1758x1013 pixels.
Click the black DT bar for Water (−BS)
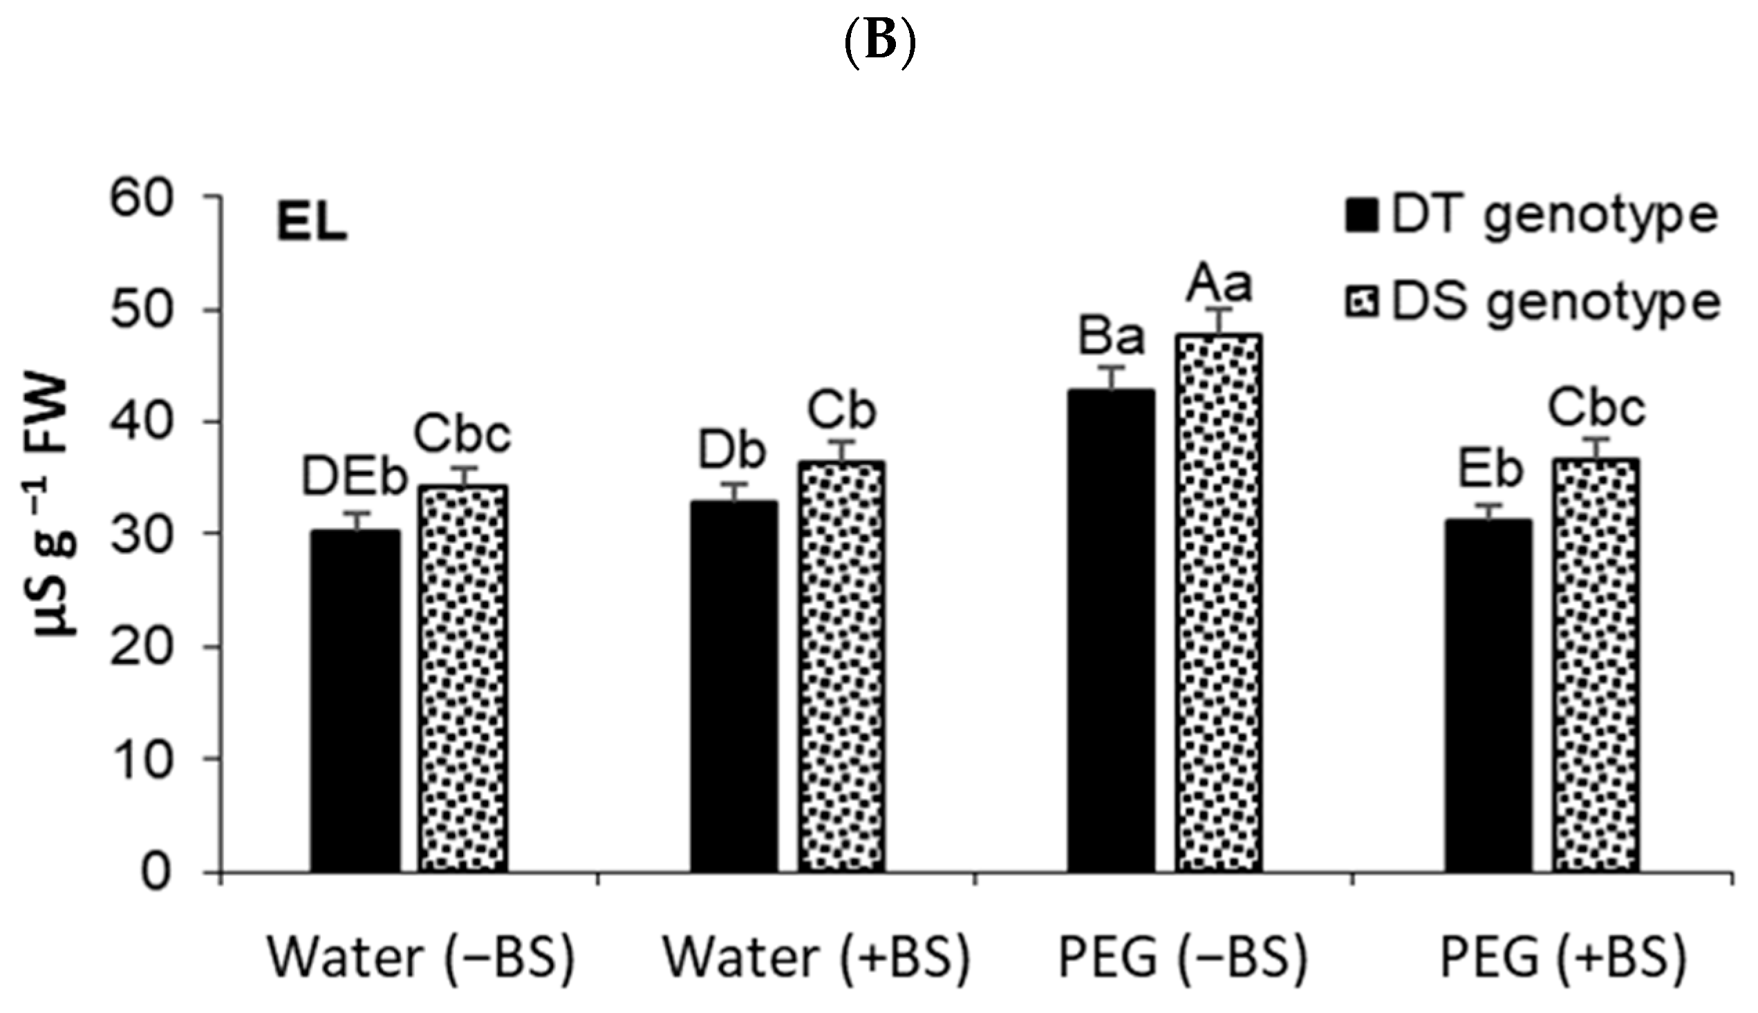(355, 701)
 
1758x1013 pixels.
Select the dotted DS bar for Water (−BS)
(462, 679)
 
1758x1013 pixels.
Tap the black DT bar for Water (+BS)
(734, 686)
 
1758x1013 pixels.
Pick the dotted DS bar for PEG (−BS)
(1219, 603)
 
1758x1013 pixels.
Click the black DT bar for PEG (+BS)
(1488, 696)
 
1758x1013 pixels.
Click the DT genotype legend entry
(1531, 216)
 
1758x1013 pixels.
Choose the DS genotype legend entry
(1531, 303)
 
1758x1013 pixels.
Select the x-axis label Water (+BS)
(816, 958)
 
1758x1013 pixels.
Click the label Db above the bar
(732, 451)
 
